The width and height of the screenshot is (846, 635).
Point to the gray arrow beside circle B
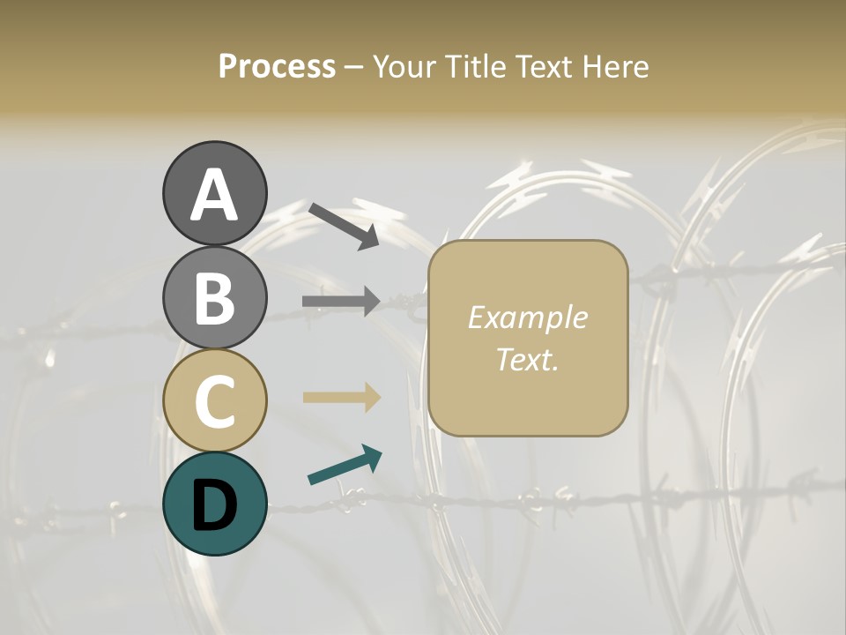[x=341, y=302]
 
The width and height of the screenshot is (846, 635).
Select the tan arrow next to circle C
[x=341, y=397]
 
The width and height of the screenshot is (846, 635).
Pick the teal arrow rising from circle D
[x=345, y=465]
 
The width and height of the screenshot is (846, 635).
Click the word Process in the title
[x=277, y=66]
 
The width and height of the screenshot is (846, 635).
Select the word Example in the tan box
[x=527, y=317]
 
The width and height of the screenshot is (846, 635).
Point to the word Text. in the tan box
[x=527, y=359]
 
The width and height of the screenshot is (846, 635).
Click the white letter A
[x=214, y=196]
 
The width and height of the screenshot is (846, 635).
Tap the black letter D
[x=214, y=504]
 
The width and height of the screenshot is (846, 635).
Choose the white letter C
[x=214, y=402]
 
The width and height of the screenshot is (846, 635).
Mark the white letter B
[x=214, y=298]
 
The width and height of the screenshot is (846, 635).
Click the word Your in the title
[x=401, y=66]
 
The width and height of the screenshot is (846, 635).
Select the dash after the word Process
[x=353, y=68]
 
